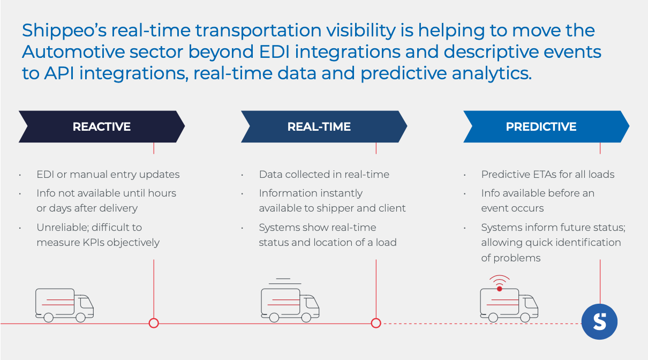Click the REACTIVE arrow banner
tap(102, 126)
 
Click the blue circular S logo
tap(600, 322)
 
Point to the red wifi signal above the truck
tap(499, 281)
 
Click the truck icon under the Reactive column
tap(64, 305)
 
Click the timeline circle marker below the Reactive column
tap(154, 323)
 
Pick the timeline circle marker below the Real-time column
tap(376, 323)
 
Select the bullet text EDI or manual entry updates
tap(108, 174)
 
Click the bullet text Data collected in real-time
tap(324, 174)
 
